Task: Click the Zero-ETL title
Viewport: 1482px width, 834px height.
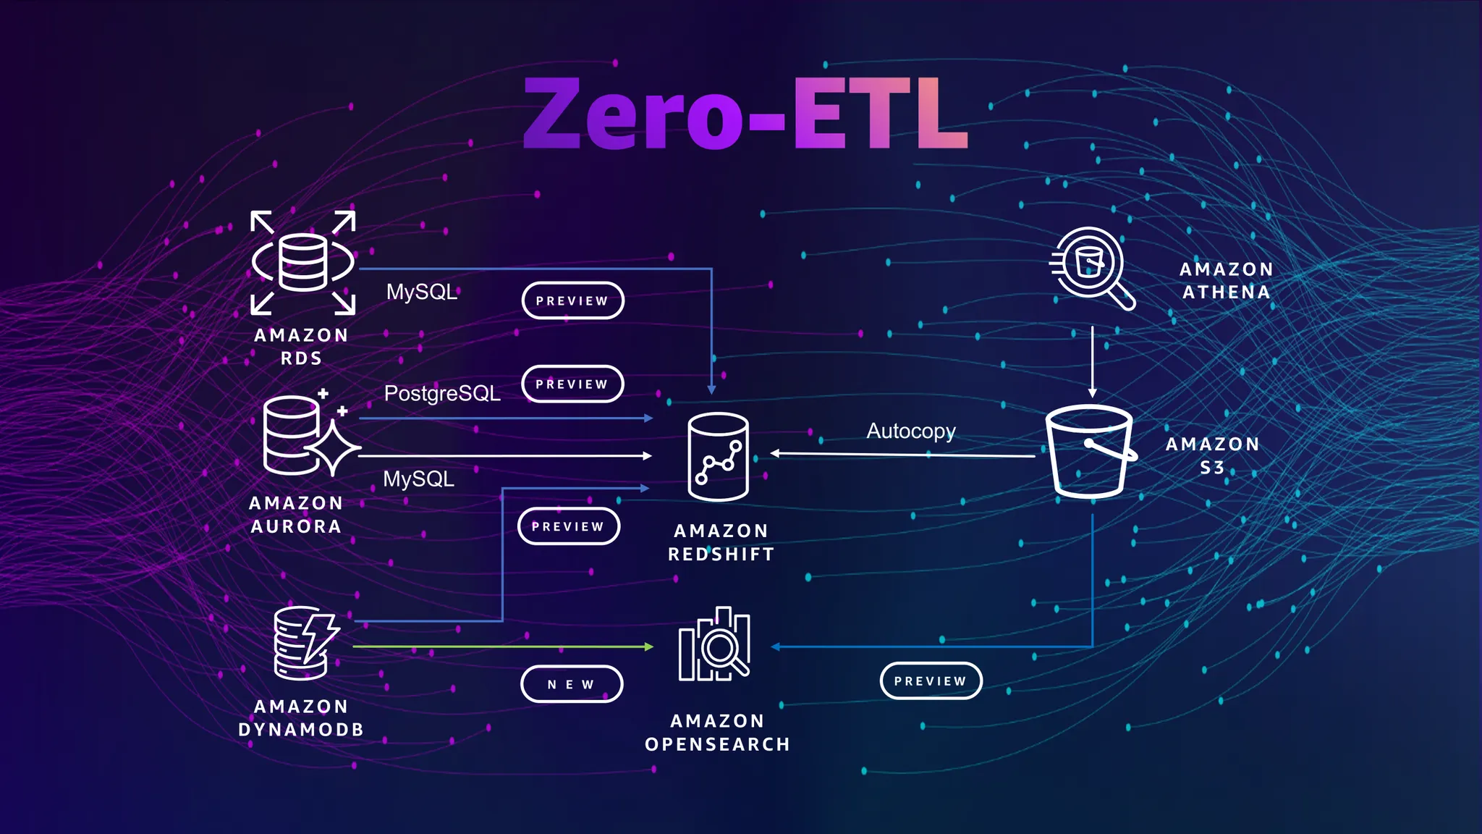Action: click(x=745, y=114)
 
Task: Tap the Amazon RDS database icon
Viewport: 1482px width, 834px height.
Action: click(x=302, y=262)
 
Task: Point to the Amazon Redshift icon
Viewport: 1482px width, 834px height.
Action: click(x=718, y=457)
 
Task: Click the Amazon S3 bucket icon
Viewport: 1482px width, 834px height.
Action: click(x=1089, y=452)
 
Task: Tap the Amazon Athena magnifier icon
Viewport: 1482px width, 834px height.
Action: click(x=1091, y=267)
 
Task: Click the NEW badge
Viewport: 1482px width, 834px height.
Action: click(x=571, y=684)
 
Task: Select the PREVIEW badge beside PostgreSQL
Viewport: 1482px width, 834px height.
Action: click(x=572, y=384)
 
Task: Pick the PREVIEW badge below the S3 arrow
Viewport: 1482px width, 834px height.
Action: click(x=931, y=681)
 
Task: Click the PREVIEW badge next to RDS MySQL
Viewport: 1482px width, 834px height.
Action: click(x=572, y=300)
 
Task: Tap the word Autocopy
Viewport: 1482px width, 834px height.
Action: click(x=911, y=431)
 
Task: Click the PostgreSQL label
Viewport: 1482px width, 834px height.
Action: click(x=442, y=393)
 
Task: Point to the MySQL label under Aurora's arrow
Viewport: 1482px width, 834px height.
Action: click(x=418, y=479)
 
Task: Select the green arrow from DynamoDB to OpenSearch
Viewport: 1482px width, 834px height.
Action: click(x=502, y=646)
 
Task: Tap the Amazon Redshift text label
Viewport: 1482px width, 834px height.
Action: click(x=721, y=542)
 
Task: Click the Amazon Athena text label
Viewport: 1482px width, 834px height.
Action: click(x=1226, y=280)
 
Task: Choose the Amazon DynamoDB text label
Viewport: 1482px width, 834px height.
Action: click(x=301, y=717)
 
